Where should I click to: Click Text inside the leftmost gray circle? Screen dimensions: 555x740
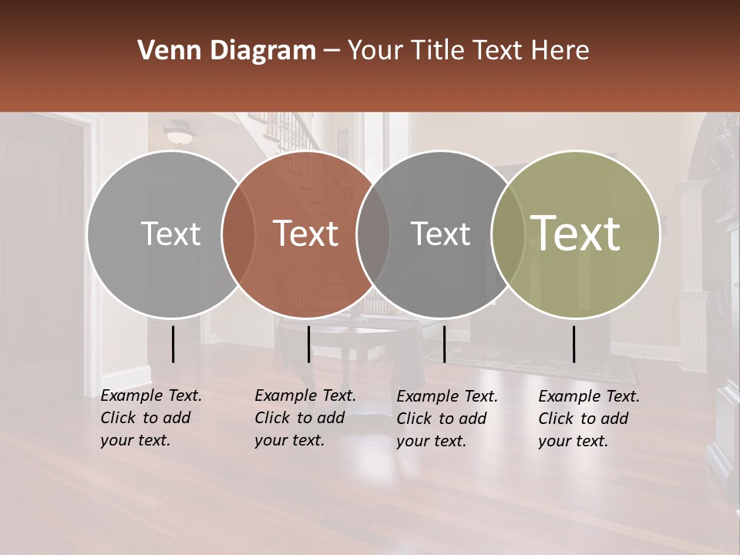[170, 234]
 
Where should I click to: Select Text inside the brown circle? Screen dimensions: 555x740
[305, 234]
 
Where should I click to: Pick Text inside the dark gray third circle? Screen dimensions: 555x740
[440, 234]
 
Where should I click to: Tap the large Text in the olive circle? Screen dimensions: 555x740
[576, 233]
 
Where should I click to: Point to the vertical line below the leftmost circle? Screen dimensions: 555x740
[173, 344]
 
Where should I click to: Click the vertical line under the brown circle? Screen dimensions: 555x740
[308, 344]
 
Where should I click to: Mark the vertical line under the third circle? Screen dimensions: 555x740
[445, 344]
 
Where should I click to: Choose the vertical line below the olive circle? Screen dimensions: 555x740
[574, 344]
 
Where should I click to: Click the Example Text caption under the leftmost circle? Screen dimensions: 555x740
[151, 418]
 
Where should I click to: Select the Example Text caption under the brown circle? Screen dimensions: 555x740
[305, 418]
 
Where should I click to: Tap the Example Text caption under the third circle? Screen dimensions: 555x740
[447, 419]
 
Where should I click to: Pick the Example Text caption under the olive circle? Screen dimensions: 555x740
[589, 419]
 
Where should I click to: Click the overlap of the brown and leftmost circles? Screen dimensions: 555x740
[238, 234]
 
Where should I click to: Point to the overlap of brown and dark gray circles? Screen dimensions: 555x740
[373, 234]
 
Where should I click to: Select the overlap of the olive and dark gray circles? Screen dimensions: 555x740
[508, 234]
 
